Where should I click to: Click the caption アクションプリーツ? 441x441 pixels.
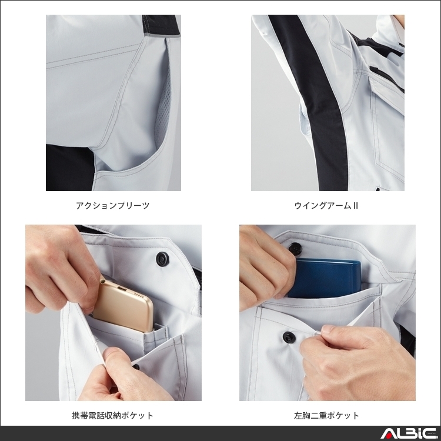(x=113, y=206)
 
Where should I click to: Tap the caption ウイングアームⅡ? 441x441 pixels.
(x=326, y=206)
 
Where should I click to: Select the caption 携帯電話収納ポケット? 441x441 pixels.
(x=113, y=416)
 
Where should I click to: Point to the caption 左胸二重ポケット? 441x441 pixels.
(x=327, y=416)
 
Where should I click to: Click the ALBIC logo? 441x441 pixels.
(x=408, y=434)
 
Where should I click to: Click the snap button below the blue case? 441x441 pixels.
(x=289, y=337)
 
